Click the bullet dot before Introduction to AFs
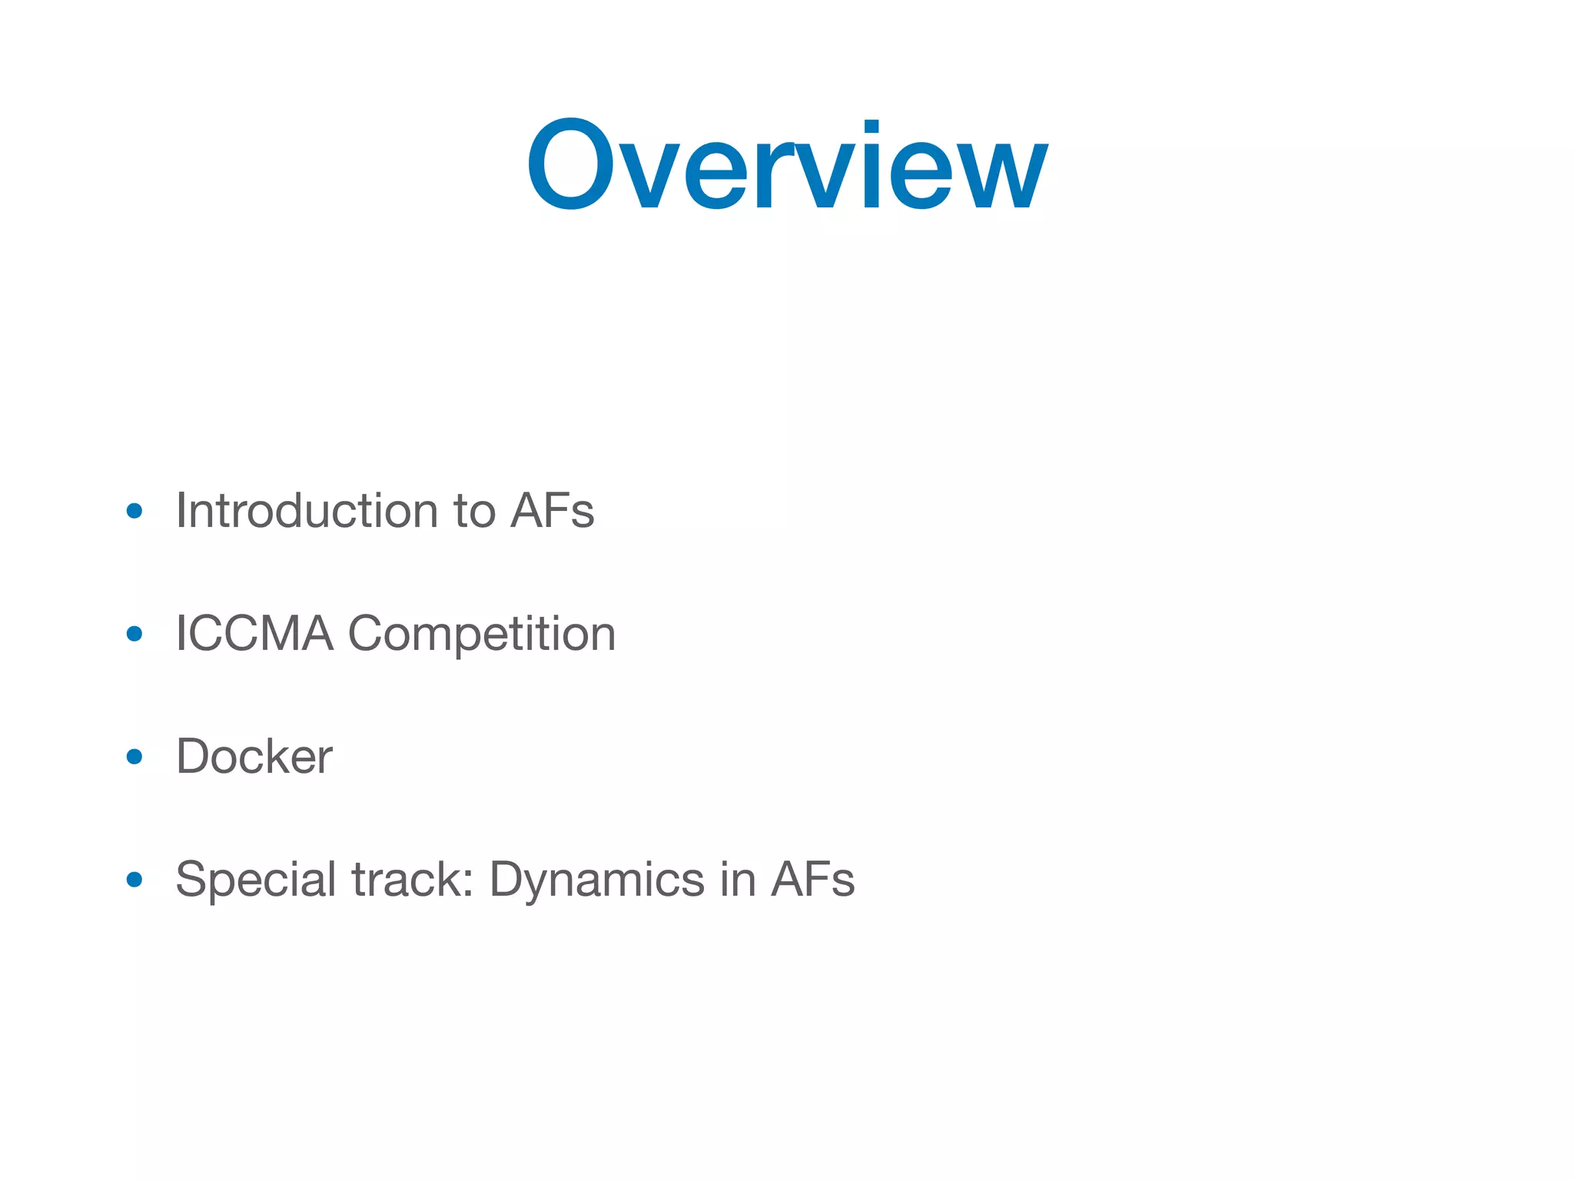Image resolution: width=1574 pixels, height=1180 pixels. pos(134,511)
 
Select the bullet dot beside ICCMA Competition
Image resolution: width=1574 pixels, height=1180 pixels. pos(134,634)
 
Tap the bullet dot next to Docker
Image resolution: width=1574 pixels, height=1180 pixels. pos(134,757)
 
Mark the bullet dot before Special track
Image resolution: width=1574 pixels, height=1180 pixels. pos(134,880)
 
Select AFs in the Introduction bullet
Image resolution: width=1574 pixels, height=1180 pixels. pos(553,511)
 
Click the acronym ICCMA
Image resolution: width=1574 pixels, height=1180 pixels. pos(254,634)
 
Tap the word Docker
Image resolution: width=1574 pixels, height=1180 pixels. pos(254,757)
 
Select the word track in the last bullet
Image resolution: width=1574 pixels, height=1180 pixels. pos(407,880)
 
